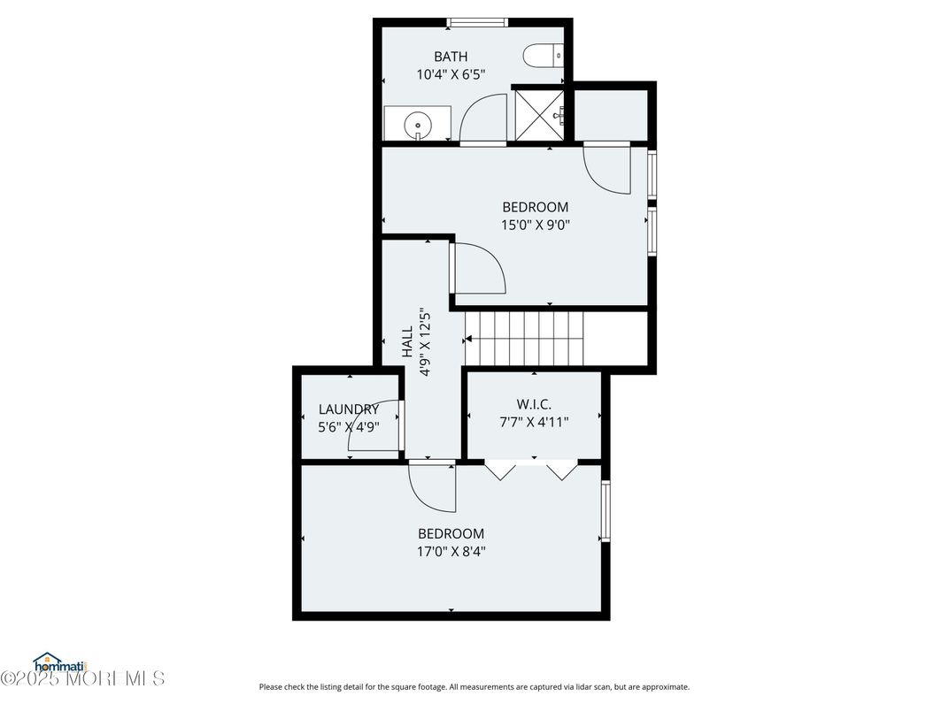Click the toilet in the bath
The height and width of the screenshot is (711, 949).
point(543,57)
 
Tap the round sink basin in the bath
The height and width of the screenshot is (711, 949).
point(418,126)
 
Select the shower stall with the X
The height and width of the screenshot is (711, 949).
point(539,115)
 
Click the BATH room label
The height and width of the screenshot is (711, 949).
point(451,57)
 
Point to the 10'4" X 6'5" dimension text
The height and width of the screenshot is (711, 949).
point(451,74)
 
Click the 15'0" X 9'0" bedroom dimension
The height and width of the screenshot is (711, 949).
point(536,226)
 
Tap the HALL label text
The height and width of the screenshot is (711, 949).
point(407,341)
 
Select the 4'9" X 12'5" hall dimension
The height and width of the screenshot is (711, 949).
point(425,341)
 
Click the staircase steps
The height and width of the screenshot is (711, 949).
point(524,338)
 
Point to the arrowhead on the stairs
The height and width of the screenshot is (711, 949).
point(467,340)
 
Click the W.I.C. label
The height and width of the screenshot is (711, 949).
point(534,404)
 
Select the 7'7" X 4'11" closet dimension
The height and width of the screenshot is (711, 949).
point(534,422)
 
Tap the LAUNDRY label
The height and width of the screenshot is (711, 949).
point(349,409)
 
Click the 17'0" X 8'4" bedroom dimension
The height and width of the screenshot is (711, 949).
point(451,552)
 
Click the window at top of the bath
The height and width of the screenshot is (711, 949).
point(477,23)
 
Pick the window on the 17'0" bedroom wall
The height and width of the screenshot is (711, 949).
point(605,511)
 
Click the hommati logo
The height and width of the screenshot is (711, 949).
point(60,663)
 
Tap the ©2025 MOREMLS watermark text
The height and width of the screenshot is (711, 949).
point(83,678)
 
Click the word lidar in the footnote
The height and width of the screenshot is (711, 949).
point(564,687)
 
